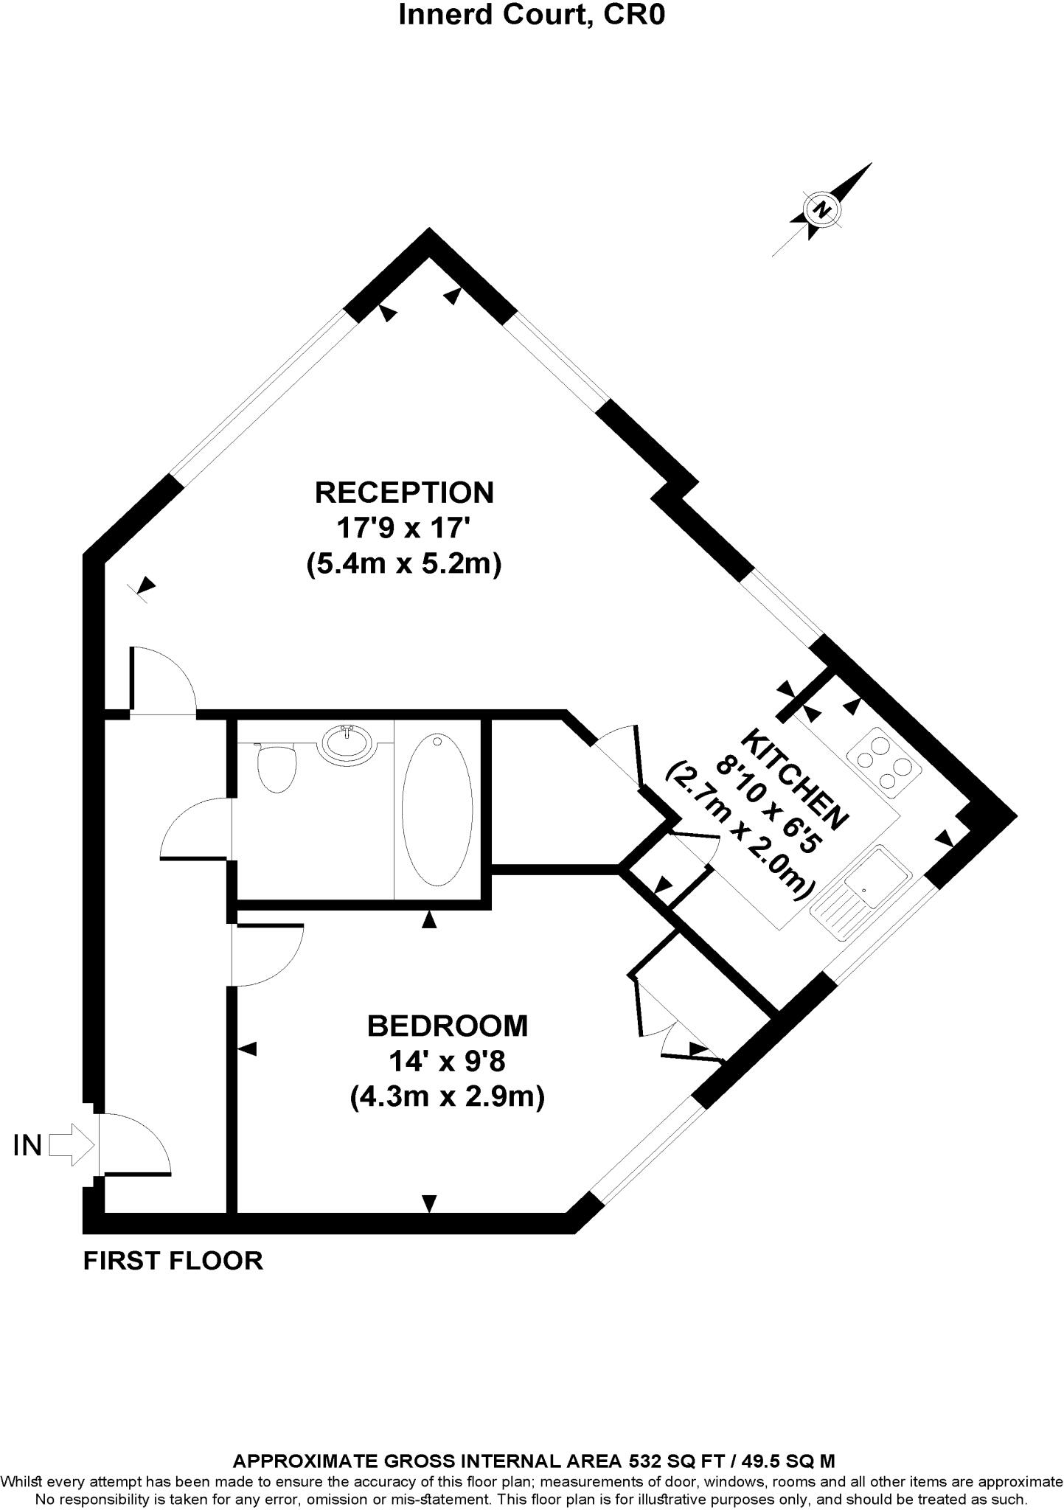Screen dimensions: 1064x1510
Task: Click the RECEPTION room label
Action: tap(404, 492)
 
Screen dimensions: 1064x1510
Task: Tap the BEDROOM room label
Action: tap(448, 1025)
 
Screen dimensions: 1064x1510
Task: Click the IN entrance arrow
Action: tap(72, 1145)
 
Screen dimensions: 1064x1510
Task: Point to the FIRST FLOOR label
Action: tap(173, 1260)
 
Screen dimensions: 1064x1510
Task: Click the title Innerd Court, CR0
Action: tap(532, 15)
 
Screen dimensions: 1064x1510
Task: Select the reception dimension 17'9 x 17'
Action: tap(404, 528)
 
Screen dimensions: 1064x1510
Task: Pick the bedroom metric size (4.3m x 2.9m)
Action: tap(448, 1098)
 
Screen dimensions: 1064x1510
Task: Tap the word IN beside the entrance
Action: tap(27, 1146)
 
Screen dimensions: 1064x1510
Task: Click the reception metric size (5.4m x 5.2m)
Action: tap(404, 565)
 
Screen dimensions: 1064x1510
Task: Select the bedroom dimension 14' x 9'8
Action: tap(448, 1062)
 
